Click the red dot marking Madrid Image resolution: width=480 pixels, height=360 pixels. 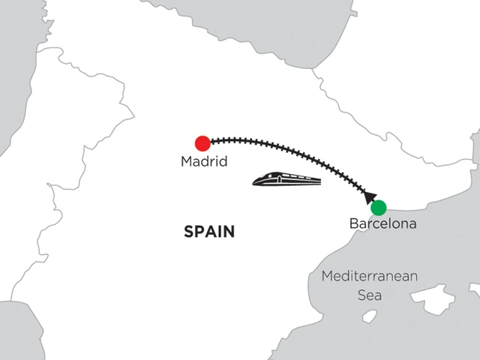[x=202, y=143]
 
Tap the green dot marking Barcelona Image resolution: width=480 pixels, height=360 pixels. [x=379, y=207]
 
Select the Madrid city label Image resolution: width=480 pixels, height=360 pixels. [x=204, y=160]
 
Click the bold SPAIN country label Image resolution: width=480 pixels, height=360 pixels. [x=209, y=232]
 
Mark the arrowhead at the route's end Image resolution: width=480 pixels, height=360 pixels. [x=370, y=198]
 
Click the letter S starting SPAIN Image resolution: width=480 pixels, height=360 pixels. [x=188, y=232]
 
